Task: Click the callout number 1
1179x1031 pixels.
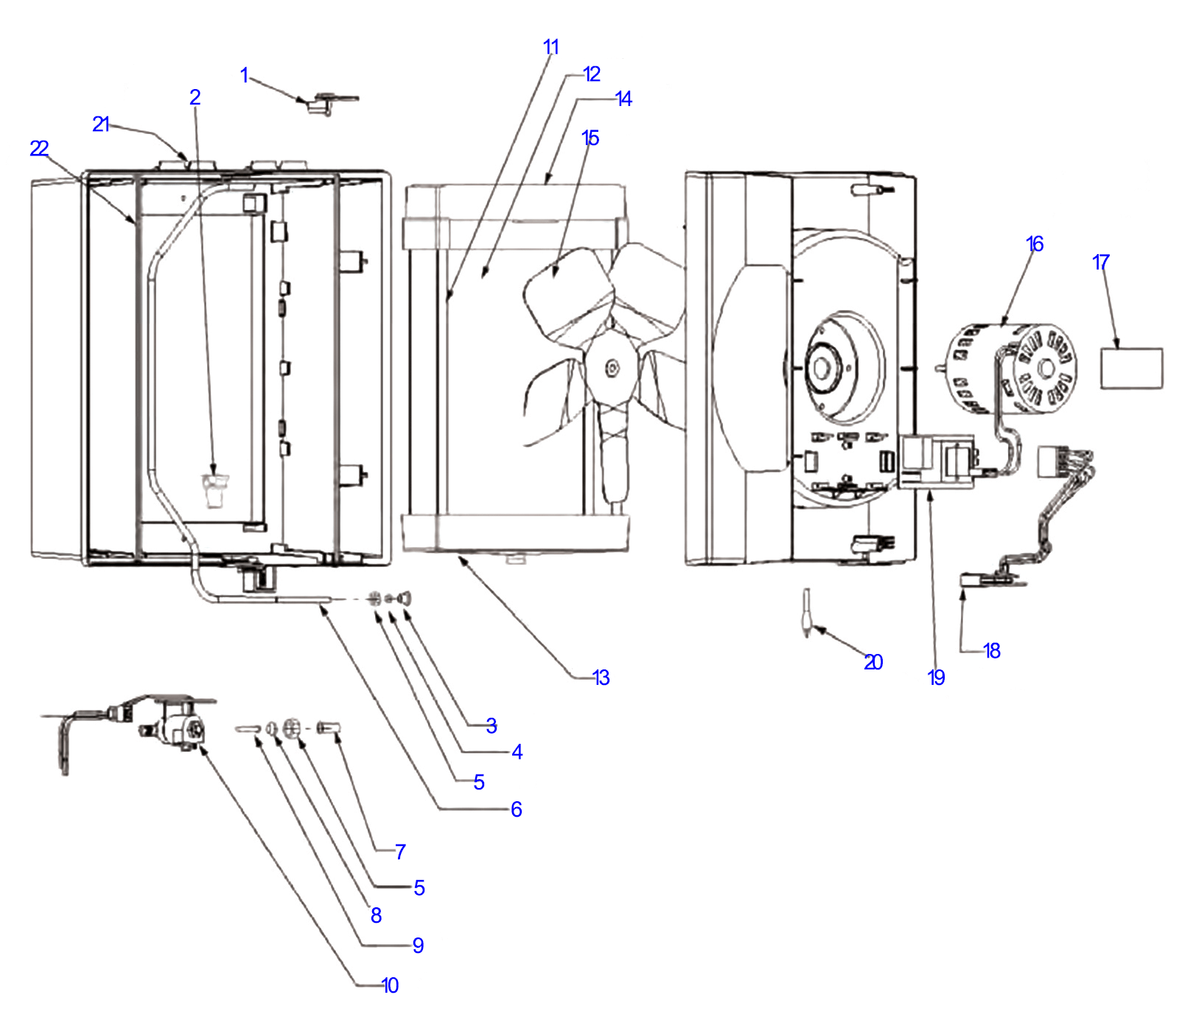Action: (244, 75)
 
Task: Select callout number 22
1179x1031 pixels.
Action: (39, 149)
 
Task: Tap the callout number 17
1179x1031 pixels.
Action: (1100, 262)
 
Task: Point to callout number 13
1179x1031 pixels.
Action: (601, 678)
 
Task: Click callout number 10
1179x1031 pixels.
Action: (390, 985)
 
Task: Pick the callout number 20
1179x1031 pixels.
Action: (873, 663)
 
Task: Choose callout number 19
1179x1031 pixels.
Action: (936, 678)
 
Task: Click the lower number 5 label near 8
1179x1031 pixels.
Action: (419, 888)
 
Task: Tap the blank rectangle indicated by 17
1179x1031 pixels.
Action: (1131, 368)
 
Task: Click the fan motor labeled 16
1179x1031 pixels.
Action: (1013, 368)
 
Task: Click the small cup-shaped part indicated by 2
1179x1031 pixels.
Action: (214, 490)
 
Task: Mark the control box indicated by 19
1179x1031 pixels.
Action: (936, 460)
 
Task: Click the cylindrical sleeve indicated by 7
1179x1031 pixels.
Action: (328, 728)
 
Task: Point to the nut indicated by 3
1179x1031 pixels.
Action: (404, 597)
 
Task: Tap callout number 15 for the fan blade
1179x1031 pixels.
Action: (590, 138)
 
